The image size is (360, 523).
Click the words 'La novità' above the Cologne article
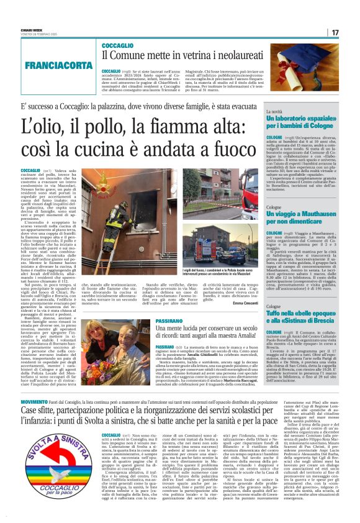coord(275,111)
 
